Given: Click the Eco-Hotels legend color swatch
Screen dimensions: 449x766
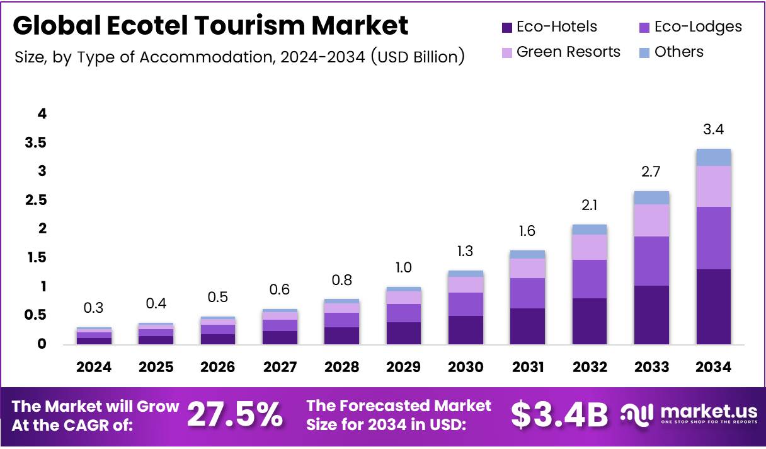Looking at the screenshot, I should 506,27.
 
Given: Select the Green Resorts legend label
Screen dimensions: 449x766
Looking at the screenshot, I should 568,52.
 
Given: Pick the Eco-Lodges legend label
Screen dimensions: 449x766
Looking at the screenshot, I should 698,27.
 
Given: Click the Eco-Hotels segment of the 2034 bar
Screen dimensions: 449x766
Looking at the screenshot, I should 713,306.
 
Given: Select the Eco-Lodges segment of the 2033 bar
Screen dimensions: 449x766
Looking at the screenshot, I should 651,261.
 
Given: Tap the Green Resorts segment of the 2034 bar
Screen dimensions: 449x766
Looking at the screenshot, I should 713,186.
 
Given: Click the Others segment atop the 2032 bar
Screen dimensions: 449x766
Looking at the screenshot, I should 589,230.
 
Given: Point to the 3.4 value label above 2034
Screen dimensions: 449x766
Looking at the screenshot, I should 713,131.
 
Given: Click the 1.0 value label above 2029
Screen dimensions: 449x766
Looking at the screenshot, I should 403,267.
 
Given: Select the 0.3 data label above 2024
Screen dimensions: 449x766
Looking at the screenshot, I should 94,308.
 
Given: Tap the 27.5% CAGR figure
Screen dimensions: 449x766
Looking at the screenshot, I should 235,416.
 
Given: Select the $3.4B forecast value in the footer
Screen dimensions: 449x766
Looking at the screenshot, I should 559,416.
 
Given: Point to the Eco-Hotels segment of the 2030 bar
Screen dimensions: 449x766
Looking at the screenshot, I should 466,330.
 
